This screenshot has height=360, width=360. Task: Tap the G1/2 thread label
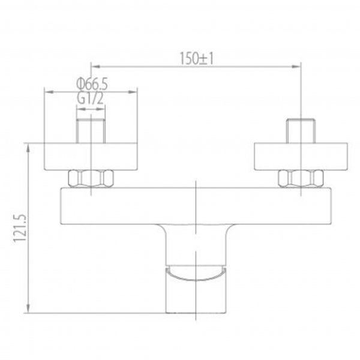[91, 98]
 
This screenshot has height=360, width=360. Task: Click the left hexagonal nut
[91, 178]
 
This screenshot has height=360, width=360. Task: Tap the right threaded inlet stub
[300, 131]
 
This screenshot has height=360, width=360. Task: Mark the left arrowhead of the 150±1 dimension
[94, 65]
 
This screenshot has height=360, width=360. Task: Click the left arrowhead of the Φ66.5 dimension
[49, 92]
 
